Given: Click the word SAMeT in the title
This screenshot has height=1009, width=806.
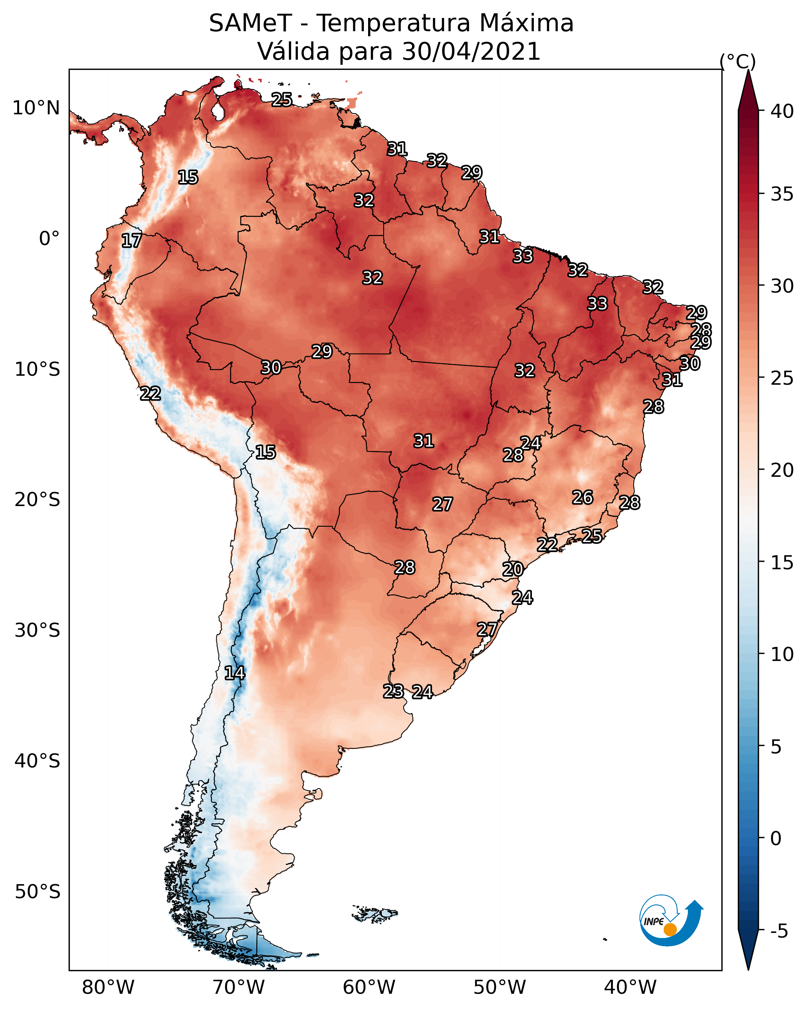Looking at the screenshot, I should (x=250, y=23).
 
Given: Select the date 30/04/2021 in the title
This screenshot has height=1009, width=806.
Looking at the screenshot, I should (x=471, y=52).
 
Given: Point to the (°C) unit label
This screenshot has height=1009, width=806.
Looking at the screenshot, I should (x=738, y=61).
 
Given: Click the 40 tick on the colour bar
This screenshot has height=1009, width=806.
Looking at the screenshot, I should (x=782, y=111).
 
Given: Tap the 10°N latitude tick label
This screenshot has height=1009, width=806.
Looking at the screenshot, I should (x=36, y=108).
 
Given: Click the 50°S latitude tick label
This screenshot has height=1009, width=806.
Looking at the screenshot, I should (x=37, y=892).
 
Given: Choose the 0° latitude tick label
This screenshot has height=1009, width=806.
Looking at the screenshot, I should (x=49, y=239).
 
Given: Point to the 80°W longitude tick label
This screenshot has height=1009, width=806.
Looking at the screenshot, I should (x=108, y=988).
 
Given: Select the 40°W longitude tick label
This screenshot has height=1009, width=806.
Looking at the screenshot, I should (x=630, y=988).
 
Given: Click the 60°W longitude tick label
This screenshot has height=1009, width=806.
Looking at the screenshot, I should (x=369, y=988).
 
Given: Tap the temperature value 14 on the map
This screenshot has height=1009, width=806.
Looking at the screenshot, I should (x=234, y=673).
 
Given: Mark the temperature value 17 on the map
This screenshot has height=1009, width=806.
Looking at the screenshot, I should (x=131, y=241).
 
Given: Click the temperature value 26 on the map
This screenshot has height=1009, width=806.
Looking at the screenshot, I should (x=583, y=497).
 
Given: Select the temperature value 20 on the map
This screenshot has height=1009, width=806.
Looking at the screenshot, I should (x=513, y=570).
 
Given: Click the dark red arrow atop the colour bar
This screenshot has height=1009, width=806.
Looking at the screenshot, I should (x=748, y=91).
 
